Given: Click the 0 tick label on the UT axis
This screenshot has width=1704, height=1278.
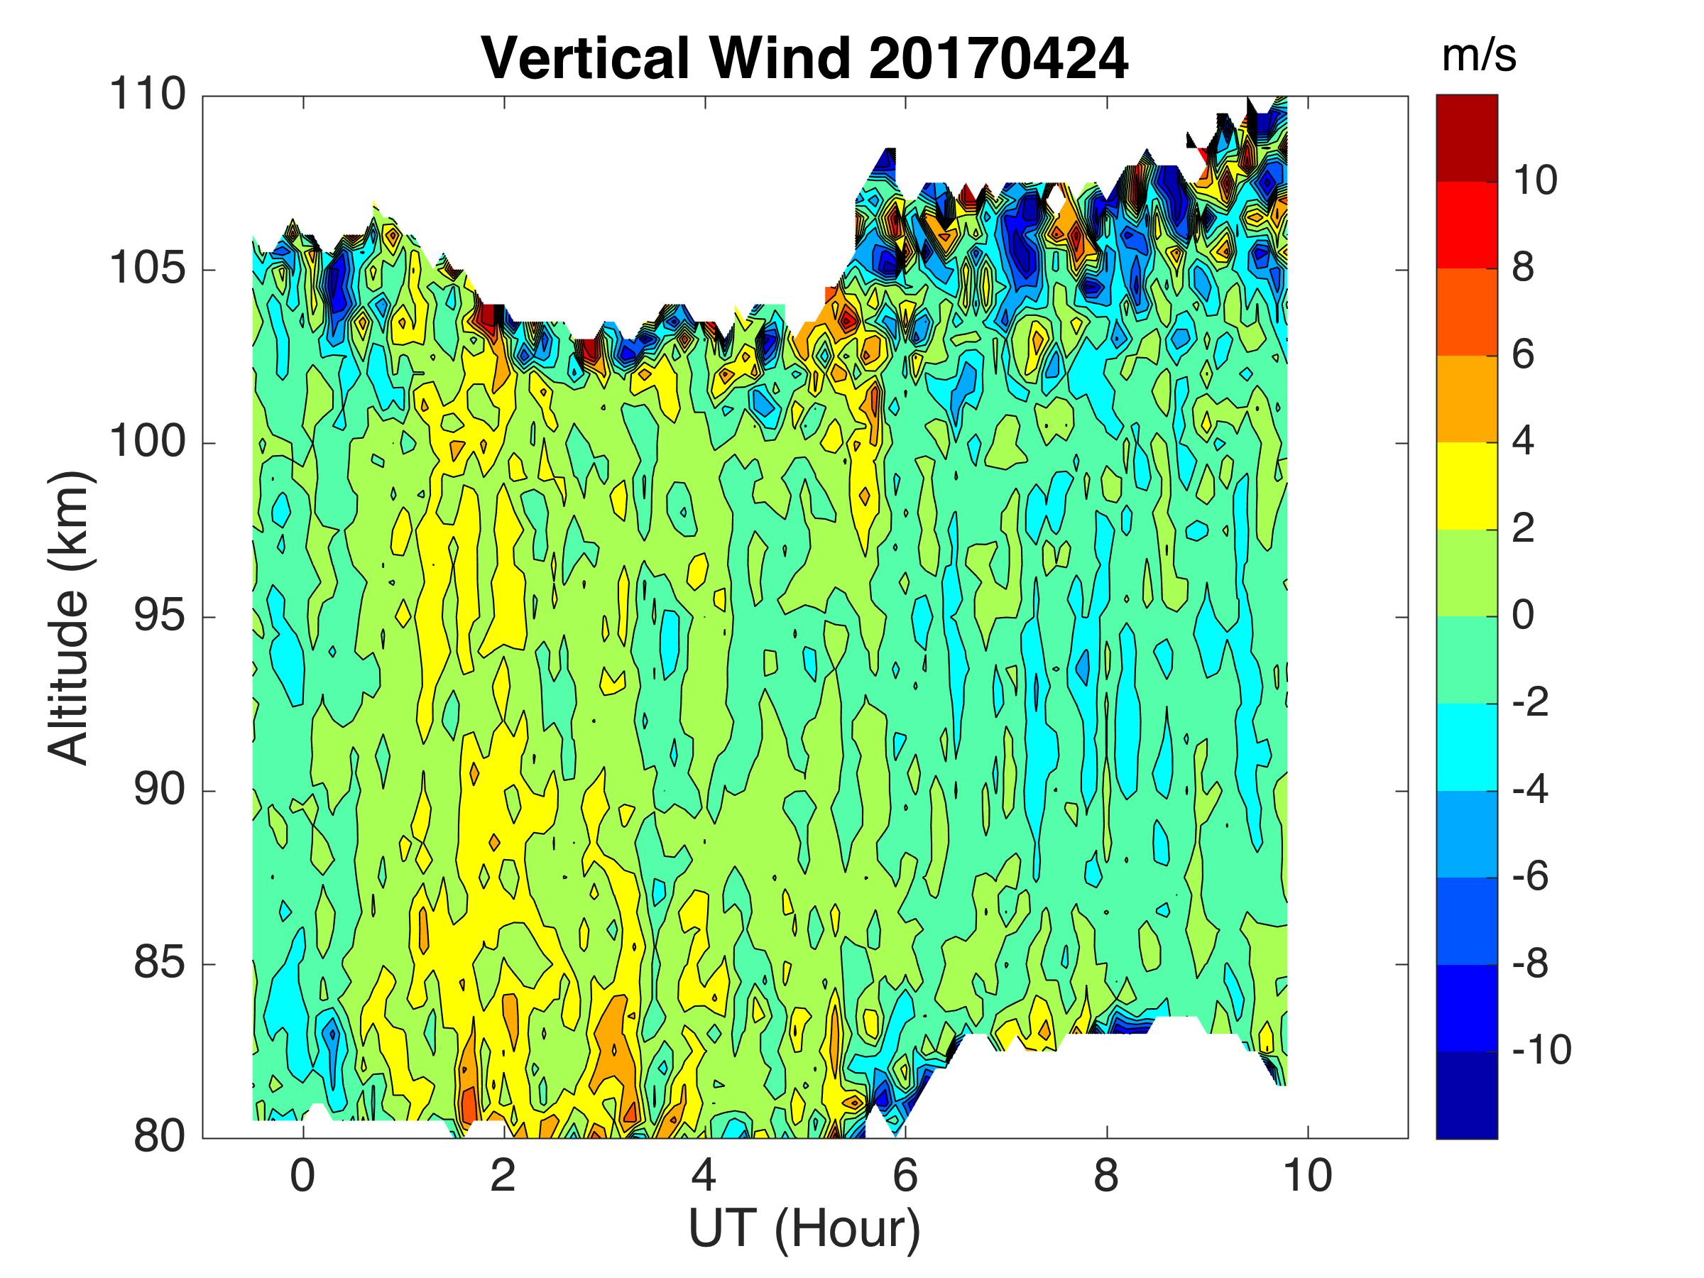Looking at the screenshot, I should coord(302,1176).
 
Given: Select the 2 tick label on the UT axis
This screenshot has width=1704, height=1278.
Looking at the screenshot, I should coord(504,1176).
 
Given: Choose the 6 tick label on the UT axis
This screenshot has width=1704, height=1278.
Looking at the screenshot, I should coord(905,1176).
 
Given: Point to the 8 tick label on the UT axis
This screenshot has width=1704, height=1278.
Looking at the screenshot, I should coord(1106,1176).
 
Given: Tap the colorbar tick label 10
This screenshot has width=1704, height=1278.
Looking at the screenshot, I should coord(1534,181).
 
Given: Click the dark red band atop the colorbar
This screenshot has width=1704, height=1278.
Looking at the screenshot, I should coord(1467,138).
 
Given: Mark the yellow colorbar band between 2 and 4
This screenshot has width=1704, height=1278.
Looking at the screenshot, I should coord(1467,486).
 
